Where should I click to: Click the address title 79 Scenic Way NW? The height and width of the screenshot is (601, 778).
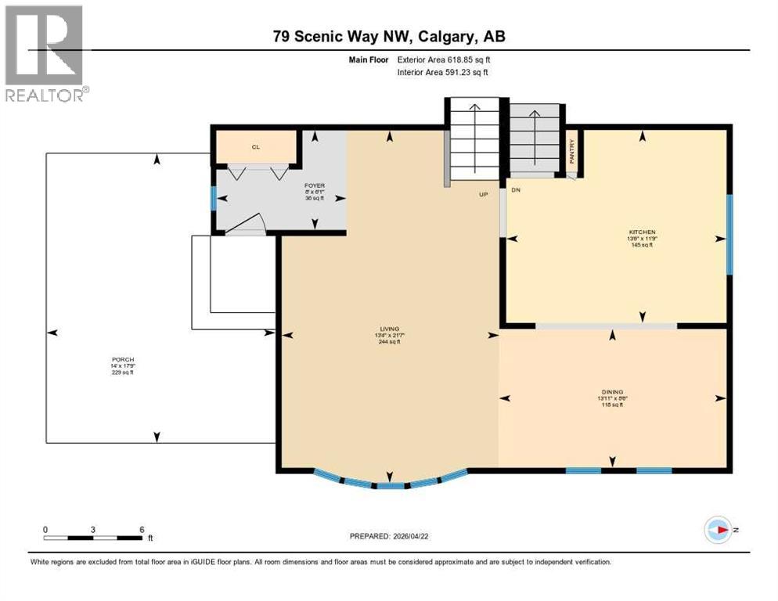388,37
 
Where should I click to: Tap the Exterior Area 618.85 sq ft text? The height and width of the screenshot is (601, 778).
444,59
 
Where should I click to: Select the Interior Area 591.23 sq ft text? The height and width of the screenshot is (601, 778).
443,73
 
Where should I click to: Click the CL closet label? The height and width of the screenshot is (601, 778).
255,146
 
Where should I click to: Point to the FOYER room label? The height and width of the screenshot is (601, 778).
315,185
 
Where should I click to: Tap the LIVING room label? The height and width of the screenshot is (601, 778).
389,329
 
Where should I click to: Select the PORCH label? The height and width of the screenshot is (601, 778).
122,360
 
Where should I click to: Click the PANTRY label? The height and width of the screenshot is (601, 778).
572,149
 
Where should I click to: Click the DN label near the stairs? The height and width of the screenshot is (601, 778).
516,190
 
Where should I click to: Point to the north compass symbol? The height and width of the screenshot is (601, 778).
718,530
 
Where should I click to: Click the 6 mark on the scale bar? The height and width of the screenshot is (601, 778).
142,530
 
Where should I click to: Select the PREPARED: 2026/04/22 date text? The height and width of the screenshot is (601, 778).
390,536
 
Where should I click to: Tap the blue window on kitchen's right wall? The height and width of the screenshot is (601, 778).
729,235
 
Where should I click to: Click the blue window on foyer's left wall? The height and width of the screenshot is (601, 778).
214,198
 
